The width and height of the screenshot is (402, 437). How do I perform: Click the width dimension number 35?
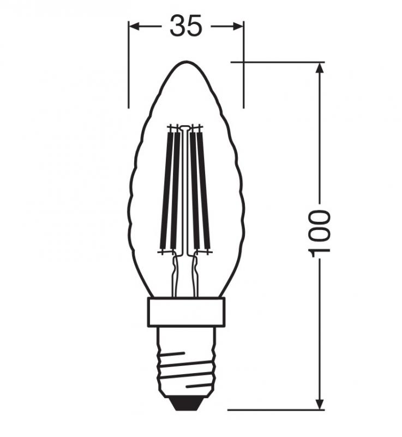(185, 26)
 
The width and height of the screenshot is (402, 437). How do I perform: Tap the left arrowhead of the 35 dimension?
(133, 26)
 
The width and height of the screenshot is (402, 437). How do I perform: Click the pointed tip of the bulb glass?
(186, 62)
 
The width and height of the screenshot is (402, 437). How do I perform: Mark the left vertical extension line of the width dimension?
(129, 71)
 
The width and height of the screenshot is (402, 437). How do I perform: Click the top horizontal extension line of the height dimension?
(273, 62)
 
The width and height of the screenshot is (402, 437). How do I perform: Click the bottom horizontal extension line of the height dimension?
(273, 409)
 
